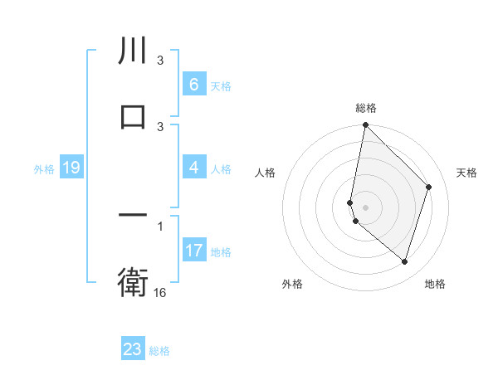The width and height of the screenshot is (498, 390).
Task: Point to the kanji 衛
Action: tap(133, 283)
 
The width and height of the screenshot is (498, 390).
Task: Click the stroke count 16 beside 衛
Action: tap(160, 292)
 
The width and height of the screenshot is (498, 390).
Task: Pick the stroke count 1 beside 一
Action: tap(160, 226)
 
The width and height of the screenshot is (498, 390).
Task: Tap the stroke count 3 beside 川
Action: tap(160, 61)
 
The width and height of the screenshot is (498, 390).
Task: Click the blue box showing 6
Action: tap(193, 84)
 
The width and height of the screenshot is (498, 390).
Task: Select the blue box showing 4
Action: tap(193, 168)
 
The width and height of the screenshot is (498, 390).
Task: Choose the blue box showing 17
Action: tap(193, 250)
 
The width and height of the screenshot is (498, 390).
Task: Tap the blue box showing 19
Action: tap(71, 168)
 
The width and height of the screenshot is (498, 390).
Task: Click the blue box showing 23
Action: tap(133, 349)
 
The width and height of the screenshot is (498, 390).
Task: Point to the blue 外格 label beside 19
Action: tap(44, 168)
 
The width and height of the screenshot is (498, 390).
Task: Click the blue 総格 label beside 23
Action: tap(159, 351)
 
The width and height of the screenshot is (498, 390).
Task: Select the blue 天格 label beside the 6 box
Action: tap(221, 85)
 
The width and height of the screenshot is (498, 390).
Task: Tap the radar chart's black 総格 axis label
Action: tap(365, 109)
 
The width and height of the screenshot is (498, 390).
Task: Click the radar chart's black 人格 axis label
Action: tap(265, 173)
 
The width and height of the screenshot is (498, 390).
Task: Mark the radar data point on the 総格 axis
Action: tap(365, 125)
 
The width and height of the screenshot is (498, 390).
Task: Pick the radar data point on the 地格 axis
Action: tap(404, 261)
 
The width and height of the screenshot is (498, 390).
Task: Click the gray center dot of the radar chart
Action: tap(365, 206)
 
